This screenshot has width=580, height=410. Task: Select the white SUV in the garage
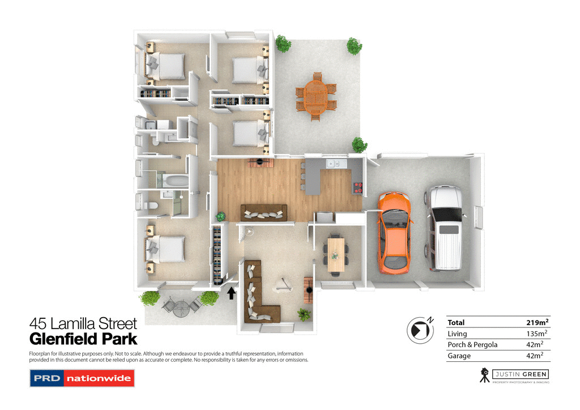click(x=445, y=228)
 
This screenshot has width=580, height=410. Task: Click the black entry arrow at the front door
click(x=231, y=293)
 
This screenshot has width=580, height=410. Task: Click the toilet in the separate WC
click(x=150, y=207)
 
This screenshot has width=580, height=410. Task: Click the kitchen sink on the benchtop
click(x=333, y=164)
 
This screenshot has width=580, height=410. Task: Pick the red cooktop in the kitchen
click(x=358, y=188)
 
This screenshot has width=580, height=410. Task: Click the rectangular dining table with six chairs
click(x=336, y=252)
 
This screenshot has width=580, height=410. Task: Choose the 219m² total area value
click(x=537, y=322)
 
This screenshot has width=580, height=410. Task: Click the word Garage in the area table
click(x=459, y=356)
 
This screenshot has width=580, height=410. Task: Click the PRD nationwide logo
click(x=82, y=378)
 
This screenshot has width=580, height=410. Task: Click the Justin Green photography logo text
click(x=519, y=374)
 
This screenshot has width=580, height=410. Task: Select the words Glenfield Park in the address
click(x=83, y=339)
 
